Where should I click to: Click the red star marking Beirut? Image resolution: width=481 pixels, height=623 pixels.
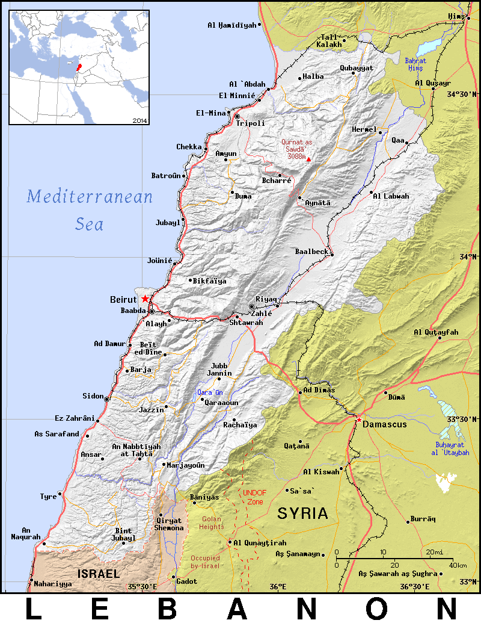coord(145,299)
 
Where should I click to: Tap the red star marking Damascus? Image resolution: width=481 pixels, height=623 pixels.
coord(359,417)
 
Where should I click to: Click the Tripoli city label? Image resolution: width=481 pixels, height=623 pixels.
coord(250,123)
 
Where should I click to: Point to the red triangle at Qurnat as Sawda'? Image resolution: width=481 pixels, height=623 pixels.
coord(309,159)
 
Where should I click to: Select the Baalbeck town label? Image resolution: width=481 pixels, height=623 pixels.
coord(311,251)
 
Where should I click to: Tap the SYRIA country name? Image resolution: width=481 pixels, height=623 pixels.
coord(302,513)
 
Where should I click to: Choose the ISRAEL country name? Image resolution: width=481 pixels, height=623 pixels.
coord(98,574)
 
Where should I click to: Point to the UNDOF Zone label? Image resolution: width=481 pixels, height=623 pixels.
coord(253,497)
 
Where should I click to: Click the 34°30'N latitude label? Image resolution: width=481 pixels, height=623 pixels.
coord(462,95)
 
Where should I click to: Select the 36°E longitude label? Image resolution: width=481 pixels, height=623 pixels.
coord(277,586)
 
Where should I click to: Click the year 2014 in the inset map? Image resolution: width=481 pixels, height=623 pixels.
coord(139,120)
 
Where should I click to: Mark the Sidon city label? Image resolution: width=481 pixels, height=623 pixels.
coord(93,396)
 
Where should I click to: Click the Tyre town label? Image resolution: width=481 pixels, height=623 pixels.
coord(48,497)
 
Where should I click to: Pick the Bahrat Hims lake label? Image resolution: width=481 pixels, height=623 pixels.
coord(415,64)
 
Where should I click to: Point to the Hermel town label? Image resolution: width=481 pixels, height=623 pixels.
coord(364,130)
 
